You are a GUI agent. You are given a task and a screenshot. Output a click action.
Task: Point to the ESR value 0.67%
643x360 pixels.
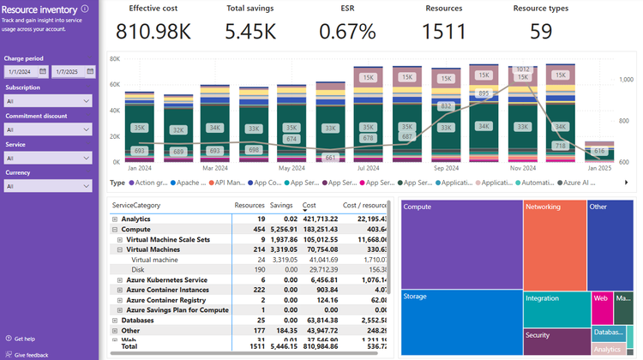[347, 32]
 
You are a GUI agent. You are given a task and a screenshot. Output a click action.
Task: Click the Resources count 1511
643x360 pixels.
[444, 32]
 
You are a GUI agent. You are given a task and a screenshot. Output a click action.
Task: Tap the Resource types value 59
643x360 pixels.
[540, 32]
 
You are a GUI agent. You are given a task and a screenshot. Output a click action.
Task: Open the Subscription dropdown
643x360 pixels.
[48, 101]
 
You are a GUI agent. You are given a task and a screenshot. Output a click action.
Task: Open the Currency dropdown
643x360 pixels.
[48, 186]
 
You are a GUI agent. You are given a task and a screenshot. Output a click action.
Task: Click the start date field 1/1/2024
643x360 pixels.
[26, 71]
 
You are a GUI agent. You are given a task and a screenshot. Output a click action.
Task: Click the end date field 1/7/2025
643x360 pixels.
[72, 71]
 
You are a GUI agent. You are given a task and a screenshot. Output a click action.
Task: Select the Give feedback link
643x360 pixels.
[30, 354]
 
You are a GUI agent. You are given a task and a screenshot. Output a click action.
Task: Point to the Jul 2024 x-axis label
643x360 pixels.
[368, 169]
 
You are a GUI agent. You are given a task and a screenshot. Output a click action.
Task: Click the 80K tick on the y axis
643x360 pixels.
[115, 58]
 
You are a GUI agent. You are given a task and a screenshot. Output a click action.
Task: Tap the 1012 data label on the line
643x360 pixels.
[522, 69]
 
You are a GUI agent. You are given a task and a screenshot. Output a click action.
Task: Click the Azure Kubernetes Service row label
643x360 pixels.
[166, 280]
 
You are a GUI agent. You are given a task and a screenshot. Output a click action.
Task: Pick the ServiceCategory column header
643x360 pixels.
[135, 206]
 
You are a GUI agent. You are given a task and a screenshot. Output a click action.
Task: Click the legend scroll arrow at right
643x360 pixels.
[626, 183]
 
